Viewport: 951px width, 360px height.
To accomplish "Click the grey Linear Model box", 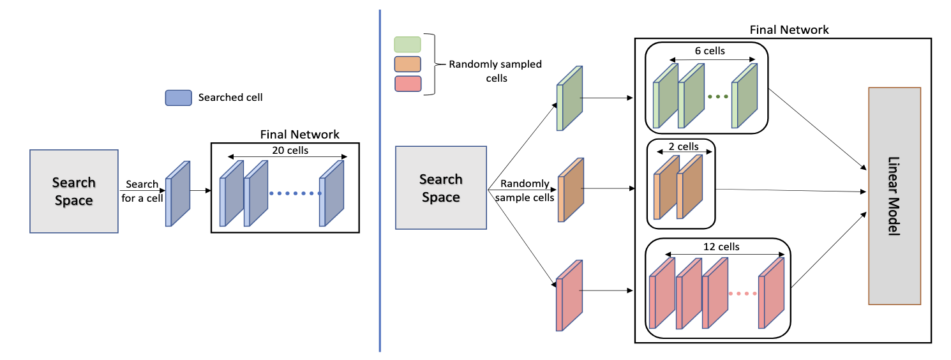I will [894, 195].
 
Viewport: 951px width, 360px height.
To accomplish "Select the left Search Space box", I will [73, 191].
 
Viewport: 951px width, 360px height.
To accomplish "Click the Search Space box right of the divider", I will [440, 187].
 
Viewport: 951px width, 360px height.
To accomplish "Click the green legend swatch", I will [408, 44].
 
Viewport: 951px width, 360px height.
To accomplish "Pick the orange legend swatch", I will [408, 64].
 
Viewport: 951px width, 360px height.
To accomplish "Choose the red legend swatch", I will [408, 84].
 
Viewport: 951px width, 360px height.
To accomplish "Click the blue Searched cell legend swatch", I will [178, 98].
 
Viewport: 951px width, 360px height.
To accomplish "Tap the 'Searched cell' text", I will [230, 98].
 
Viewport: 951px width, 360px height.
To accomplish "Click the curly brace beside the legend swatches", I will [436, 64].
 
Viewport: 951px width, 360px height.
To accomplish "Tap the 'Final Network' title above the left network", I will [300, 135].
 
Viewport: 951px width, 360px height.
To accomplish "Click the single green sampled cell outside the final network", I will [570, 99].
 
